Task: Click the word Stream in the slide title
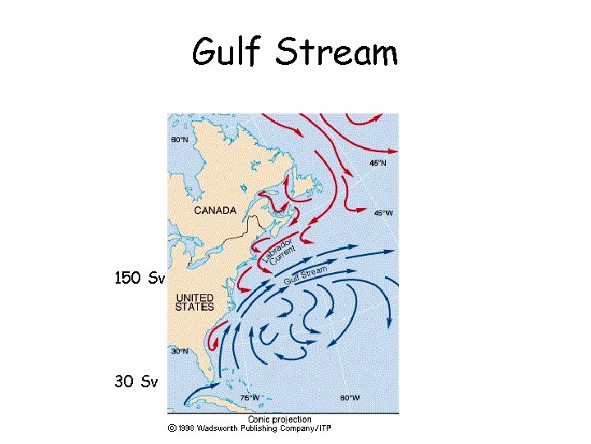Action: (x=337, y=53)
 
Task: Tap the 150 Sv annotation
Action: (x=140, y=279)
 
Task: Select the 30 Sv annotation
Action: (x=136, y=382)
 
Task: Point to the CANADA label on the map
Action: (x=215, y=210)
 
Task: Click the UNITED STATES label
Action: (x=195, y=302)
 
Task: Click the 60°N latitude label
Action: (x=179, y=140)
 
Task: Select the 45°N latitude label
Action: (x=378, y=164)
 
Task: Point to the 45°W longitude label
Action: (x=383, y=213)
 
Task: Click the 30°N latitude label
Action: (x=179, y=351)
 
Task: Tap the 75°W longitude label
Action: (x=250, y=398)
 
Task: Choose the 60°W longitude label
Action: (x=350, y=398)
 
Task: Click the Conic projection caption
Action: (x=280, y=419)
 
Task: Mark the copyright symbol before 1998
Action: (x=171, y=428)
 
